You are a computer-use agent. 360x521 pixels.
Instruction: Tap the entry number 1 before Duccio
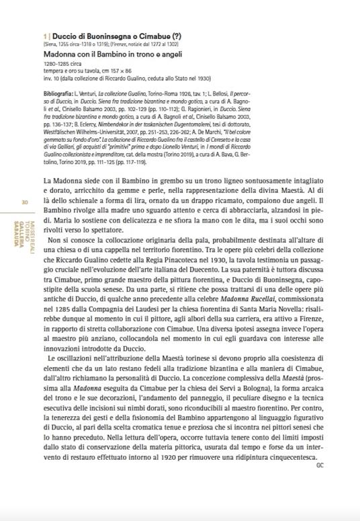tap(44, 32)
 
